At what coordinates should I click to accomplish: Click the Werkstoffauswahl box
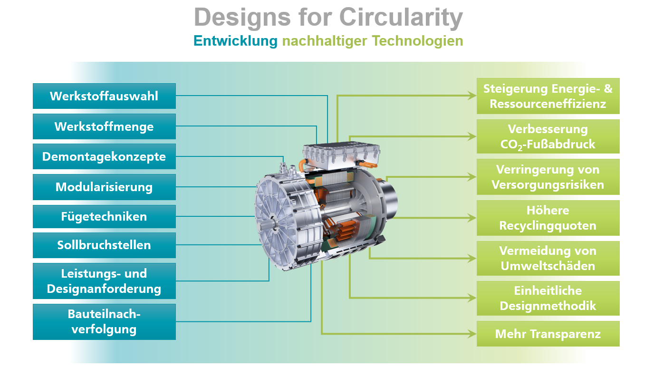[104, 96]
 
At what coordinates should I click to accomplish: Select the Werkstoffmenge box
[104, 126]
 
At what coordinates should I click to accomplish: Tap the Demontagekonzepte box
[104, 156]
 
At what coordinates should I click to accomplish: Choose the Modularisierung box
[104, 187]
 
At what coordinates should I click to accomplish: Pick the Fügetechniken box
[104, 216]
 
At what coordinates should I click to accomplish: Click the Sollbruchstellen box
[104, 245]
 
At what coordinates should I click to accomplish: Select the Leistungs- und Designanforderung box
[104, 281]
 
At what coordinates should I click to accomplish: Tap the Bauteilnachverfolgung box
[104, 322]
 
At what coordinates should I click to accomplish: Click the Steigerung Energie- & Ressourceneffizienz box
[548, 96]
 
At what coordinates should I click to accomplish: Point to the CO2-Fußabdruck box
[548, 136]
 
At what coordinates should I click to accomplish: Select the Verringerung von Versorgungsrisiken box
[548, 177]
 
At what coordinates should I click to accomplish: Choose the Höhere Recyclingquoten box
[548, 218]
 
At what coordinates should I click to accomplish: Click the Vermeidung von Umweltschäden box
[548, 259]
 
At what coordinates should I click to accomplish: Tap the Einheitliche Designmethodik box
[548, 298]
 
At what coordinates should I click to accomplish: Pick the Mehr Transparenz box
[548, 334]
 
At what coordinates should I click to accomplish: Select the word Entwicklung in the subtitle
[235, 41]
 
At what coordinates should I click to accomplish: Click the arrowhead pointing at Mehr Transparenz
[472, 334]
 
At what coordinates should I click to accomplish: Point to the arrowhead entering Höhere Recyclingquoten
[472, 218]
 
